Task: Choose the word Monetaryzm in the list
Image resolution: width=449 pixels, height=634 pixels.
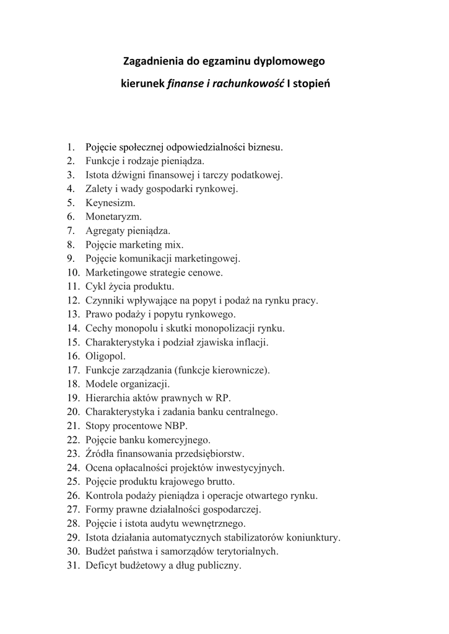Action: [x=113, y=217]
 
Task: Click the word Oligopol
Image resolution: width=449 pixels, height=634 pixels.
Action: [x=105, y=356]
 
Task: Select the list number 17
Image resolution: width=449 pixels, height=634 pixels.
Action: [x=73, y=370]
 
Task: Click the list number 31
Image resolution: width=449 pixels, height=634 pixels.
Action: [x=73, y=565]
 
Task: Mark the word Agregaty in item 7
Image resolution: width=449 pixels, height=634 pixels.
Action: [x=105, y=231]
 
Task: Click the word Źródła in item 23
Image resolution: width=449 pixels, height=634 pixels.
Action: [x=100, y=453]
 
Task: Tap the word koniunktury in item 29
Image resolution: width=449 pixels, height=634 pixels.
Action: [x=312, y=537]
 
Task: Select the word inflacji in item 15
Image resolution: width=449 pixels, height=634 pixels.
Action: [x=252, y=342]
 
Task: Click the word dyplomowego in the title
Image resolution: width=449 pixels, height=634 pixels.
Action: [x=293, y=61]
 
